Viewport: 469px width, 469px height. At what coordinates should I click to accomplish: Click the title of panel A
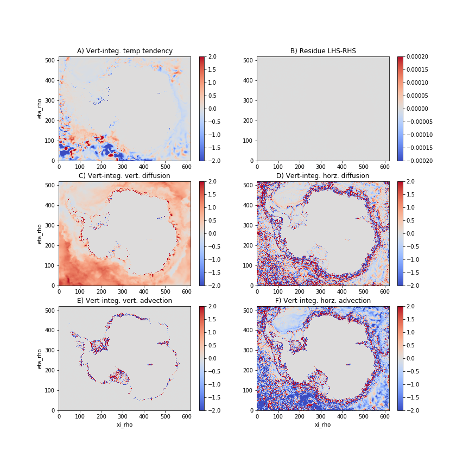click(125, 51)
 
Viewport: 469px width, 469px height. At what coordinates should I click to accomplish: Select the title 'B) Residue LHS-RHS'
click(322, 51)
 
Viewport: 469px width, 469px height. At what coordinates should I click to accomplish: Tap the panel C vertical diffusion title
click(125, 176)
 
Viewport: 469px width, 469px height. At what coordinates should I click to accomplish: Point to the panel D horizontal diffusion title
click(322, 176)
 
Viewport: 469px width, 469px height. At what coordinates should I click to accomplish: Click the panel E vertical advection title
click(125, 301)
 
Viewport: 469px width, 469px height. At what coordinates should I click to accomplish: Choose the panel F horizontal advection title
click(322, 301)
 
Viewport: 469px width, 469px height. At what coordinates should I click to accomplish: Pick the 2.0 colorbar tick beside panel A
click(209, 56)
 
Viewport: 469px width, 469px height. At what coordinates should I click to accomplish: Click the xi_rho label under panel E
click(125, 424)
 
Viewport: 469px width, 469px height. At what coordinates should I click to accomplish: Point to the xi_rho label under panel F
click(322, 424)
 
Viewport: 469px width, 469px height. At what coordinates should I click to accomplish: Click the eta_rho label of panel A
click(40, 109)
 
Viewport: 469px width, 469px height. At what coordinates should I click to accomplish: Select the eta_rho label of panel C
click(40, 233)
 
